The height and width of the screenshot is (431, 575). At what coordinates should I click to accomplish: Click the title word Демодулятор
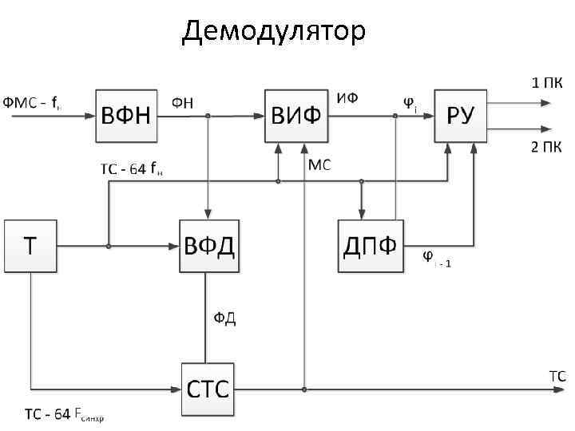tap(274, 31)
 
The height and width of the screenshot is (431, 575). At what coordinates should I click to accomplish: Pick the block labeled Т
tap(30, 246)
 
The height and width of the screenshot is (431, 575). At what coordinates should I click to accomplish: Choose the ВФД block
tap(210, 246)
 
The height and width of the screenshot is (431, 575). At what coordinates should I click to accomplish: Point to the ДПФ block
tap(371, 246)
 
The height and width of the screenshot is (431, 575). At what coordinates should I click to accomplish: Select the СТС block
tap(208, 390)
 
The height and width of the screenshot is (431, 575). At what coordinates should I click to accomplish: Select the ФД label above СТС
tap(224, 318)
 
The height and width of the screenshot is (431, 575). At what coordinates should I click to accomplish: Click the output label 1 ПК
tap(546, 82)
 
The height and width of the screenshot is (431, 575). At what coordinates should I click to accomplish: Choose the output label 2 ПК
tap(546, 146)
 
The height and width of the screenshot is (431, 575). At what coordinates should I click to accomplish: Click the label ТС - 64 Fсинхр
tap(64, 415)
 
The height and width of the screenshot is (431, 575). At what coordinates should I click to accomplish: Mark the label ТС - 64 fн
tap(131, 170)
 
